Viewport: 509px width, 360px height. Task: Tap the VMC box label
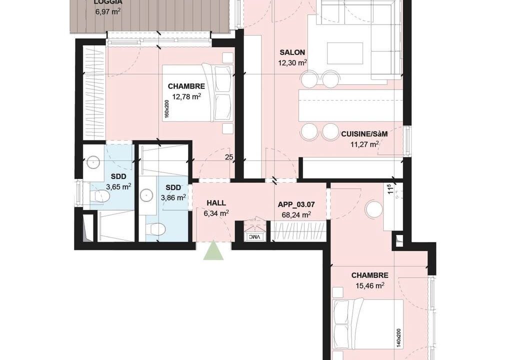(x=254, y=237)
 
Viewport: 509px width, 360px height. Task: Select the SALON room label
(x=292, y=52)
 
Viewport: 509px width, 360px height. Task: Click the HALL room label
(x=216, y=203)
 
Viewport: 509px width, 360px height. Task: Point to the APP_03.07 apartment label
(x=296, y=204)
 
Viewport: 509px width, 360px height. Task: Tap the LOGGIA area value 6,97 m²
(x=108, y=12)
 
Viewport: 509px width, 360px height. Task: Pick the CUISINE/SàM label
(x=364, y=133)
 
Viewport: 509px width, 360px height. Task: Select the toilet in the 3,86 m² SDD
(x=155, y=229)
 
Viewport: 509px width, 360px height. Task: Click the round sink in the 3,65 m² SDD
(x=93, y=161)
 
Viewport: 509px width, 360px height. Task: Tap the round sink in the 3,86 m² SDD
(x=146, y=195)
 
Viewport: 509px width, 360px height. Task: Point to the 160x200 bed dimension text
(x=166, y=108)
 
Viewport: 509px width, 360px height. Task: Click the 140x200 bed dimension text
(x=398, y=338)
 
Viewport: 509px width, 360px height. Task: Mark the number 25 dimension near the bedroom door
(x=229, y=157)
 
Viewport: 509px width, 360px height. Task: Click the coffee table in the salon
(x=344, y=53)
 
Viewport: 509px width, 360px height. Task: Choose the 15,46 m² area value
(x=368, y=286)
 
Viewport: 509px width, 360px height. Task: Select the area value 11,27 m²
(x=364, y=144)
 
